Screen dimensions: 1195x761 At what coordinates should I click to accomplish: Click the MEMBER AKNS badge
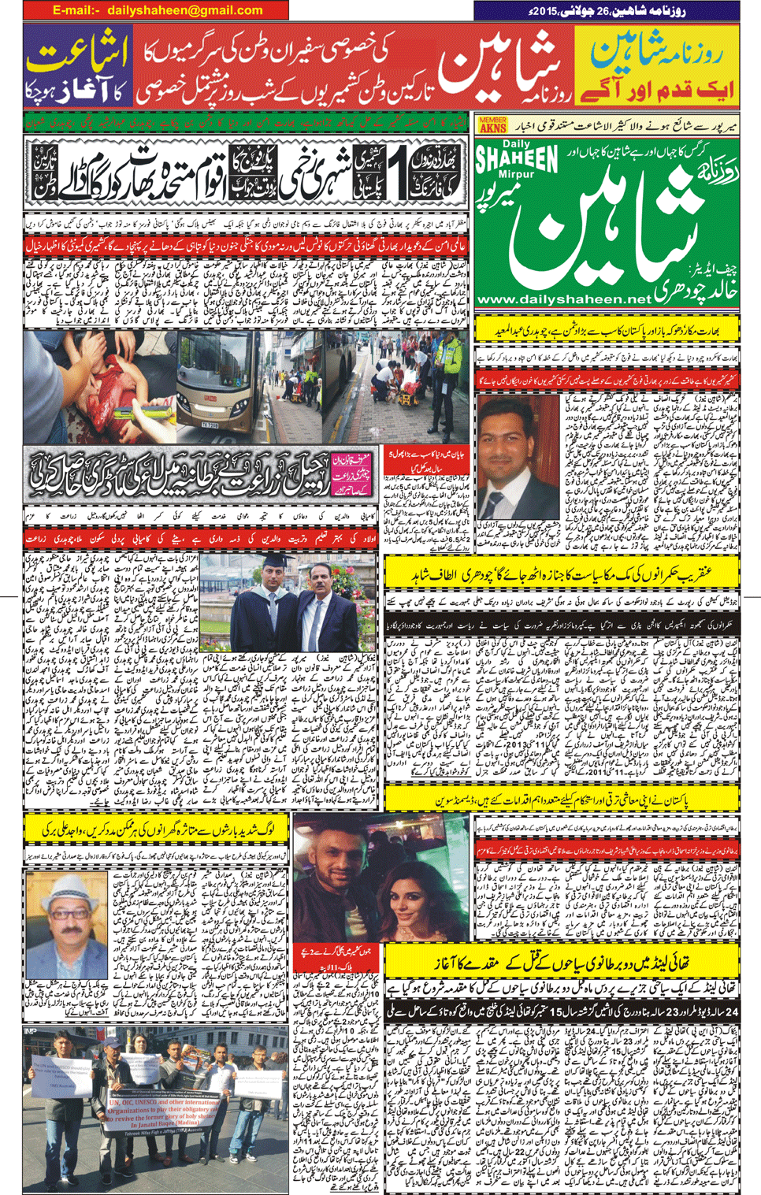coord(492,124)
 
